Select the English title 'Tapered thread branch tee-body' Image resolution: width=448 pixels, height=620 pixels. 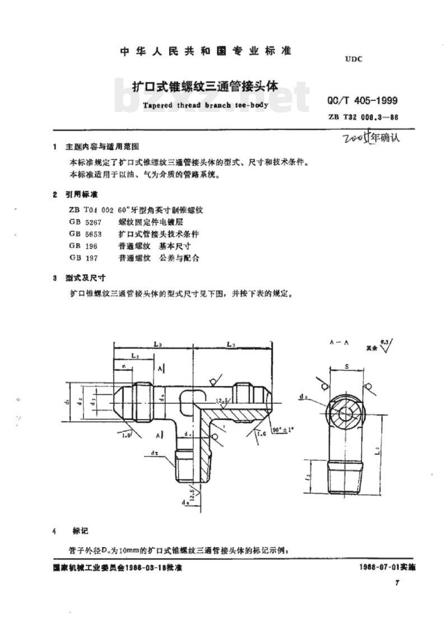point(206,104)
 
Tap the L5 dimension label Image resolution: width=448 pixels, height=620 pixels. point(134,356)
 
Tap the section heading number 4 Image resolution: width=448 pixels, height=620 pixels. point(54,530)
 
